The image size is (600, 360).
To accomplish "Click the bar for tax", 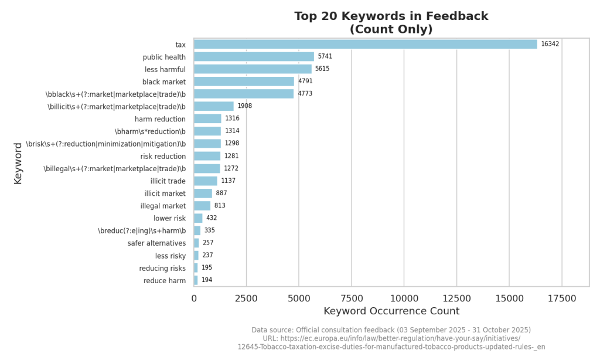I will [365, 45].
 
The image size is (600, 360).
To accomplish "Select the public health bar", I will [254, 57].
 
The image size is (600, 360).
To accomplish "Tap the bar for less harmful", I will [253, 69].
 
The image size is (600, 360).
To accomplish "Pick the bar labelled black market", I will [244, 81].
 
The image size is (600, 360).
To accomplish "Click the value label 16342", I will [550, 44].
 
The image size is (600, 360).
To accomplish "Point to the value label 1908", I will [244, 106].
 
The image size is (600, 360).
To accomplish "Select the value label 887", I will [221, 193].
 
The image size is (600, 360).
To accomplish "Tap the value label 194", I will [207, 280].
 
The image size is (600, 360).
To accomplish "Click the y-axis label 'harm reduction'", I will [160, 119].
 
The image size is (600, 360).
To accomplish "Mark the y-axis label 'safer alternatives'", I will [156, 243].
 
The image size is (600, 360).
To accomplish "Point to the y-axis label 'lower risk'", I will [169, 218].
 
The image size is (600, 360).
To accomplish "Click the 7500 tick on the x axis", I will [351, 298].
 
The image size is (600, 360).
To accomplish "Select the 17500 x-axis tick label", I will [561, 298].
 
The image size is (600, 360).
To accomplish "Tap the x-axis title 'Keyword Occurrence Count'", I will [391, 311].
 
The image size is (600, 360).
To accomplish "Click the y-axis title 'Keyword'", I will [18, 163].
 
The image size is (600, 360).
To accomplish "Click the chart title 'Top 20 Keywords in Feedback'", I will [391, 16].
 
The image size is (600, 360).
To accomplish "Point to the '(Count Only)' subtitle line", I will [391, 29].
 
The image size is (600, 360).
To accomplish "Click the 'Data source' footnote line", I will [391, 330].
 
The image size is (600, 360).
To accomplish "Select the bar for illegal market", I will [202, 206].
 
